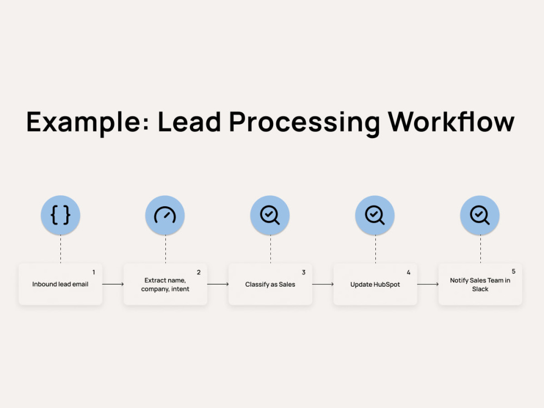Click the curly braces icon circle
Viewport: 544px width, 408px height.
[60, 215]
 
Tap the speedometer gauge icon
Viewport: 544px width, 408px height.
[165, 215]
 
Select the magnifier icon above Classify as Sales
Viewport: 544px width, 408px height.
[270, 215]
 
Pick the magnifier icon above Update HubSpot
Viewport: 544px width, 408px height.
[375, 215]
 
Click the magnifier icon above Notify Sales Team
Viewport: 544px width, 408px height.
[480, 215]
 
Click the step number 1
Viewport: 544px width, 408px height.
[94, 273]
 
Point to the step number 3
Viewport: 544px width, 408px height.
[304, 273]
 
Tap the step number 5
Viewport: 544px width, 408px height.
[514, 271]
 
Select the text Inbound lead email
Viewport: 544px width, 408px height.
[60, 284]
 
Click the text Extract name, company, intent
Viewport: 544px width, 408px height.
[165, 285]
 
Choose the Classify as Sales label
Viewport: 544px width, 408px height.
[270, 285]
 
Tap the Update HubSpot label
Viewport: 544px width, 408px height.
[375, 285]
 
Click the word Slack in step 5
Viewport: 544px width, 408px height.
[480, 289]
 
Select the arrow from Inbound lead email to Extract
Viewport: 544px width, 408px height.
[113, 284]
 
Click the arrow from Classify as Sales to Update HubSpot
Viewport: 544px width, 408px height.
[323, 284]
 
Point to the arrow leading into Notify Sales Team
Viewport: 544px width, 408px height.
[428, 284]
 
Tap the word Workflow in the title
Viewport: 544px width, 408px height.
[451, 121]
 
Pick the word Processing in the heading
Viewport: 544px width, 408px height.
[305, 123]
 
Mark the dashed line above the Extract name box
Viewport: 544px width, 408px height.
[165, 249]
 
